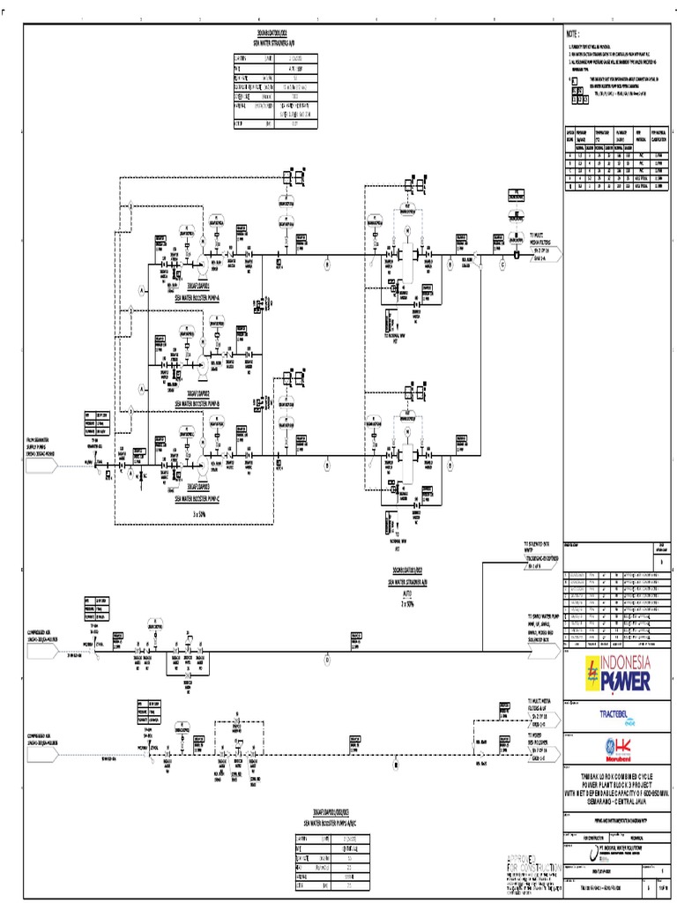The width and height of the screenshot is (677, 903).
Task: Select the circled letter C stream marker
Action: (503, 263)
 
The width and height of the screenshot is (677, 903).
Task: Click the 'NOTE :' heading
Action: (575, 32)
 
